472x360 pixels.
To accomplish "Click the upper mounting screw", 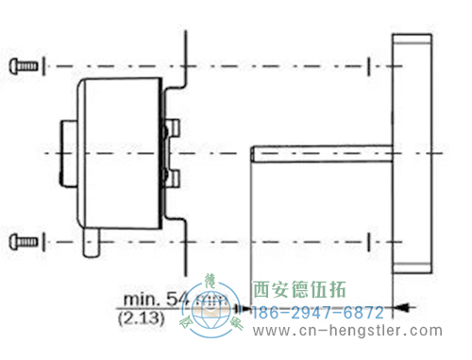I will pos(25,66).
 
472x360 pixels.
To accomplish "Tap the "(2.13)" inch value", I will pos(144,319).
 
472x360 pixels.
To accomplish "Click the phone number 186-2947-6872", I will pos(316,312).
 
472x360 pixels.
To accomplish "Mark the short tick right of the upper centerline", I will pos(367,66).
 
